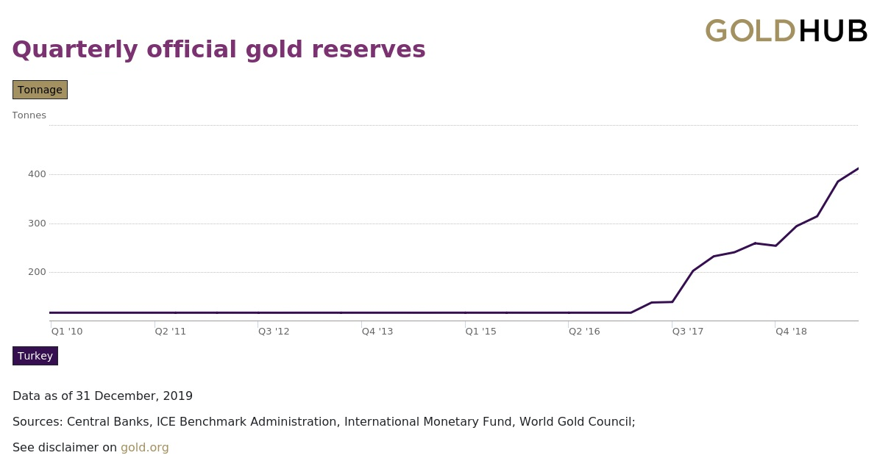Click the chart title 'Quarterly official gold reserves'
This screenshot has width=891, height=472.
point(219,49)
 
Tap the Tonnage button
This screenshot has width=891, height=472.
point(40,90)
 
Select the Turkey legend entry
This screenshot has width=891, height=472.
point(35,356)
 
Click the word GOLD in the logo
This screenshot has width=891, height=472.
point(750,32)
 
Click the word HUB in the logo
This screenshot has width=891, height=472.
point(833,32)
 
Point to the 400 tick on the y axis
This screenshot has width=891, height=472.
point(37,174)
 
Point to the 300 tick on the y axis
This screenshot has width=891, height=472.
point(37,224)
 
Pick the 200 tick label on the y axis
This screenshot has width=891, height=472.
point(37,272)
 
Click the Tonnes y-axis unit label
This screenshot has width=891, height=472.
point(29,115)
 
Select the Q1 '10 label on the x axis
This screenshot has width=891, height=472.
point(67,332)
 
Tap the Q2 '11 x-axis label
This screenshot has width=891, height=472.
point(171,332)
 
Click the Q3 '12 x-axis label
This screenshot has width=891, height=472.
point(274,332)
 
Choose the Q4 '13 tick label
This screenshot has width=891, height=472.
point(377,332)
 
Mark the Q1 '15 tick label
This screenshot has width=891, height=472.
point(480,332)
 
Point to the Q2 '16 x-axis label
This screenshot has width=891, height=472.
point(584,332)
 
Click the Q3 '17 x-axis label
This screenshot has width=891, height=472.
point(688,332)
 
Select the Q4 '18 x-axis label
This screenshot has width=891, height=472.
point(791,332)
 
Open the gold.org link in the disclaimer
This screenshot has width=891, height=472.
point(145,448)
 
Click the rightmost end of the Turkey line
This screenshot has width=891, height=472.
point(857,169)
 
